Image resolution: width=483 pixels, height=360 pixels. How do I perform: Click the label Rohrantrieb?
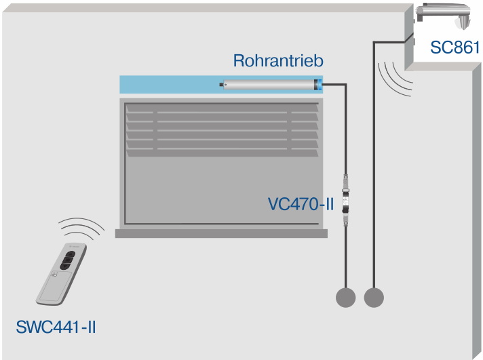coord(278,60)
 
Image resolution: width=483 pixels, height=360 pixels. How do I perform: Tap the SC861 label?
coord(455,47)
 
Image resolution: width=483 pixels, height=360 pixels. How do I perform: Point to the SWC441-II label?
coord(56,328)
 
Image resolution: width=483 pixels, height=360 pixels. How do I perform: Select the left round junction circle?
coord(345,297)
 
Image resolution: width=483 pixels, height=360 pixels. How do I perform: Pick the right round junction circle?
coord(373,297)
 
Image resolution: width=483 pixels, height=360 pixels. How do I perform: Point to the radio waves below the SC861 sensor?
coord(395,77)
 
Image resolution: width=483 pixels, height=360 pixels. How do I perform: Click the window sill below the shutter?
coord(221,233)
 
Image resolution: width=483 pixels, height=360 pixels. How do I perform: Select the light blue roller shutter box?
coord(170,85)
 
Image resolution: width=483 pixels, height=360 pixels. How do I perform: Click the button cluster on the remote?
coord(69,260)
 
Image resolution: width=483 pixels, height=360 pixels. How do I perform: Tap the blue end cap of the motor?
coord(317,85)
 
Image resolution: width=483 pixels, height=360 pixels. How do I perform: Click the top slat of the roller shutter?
coord(222,107)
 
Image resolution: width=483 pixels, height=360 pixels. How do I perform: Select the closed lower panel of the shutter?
coord(222,190)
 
